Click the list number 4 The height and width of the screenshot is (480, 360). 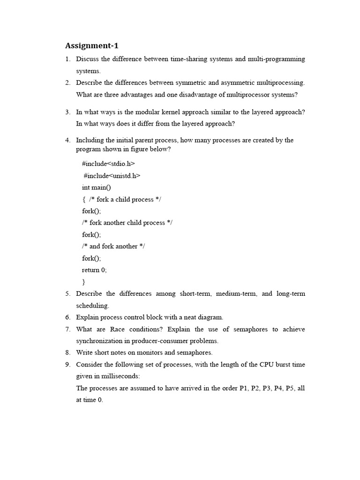click(67, 140)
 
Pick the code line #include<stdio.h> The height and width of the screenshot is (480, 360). click(108, 164)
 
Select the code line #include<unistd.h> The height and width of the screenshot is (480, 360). click(112, 175)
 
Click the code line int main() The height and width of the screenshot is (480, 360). click(97, 187)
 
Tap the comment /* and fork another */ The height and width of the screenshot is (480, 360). click(113, 246)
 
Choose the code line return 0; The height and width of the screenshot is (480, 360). click(94, 270)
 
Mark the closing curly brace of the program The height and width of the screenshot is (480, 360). click(84, 282)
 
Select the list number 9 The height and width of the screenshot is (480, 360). click(67, 364)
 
